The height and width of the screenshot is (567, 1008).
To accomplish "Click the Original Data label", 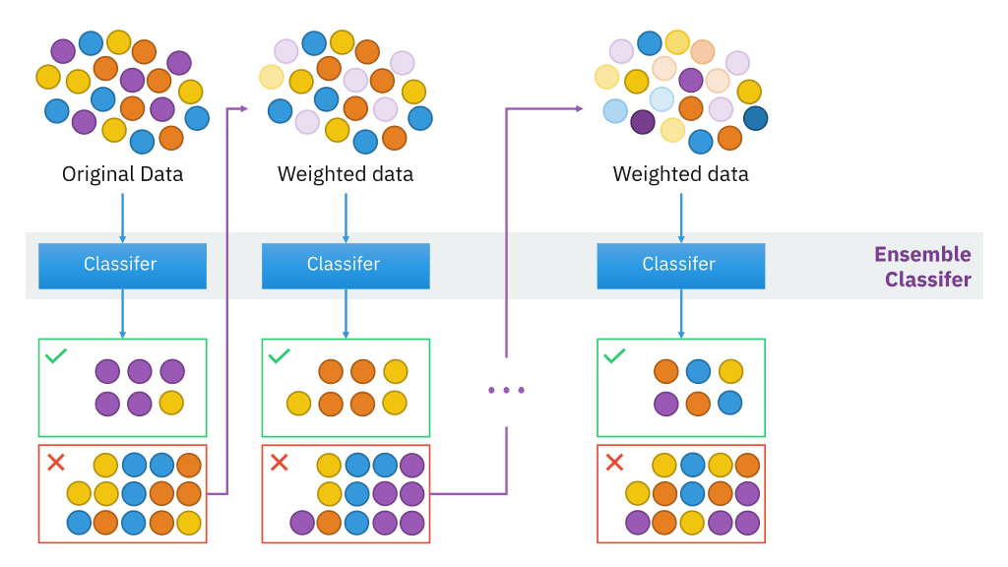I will [122, 175].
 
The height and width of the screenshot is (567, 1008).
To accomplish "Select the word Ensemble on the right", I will [922, 255].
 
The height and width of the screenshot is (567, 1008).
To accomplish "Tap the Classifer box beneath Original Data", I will [122, 265].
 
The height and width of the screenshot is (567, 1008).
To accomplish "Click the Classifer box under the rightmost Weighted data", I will [680, 265].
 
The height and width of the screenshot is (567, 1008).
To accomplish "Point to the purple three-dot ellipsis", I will [506, 391].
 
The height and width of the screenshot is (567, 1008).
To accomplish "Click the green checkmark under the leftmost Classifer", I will [56, 355].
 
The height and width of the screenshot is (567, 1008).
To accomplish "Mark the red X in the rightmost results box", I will [615, 462].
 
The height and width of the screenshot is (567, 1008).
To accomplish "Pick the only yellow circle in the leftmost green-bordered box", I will [171, 403].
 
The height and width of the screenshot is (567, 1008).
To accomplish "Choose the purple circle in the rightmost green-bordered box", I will [666, 404].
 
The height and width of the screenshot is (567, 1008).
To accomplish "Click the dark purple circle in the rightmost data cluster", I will [643, 122].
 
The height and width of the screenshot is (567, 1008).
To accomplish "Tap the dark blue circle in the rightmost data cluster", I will [756, 119].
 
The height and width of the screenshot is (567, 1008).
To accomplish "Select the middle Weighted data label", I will [346, 175].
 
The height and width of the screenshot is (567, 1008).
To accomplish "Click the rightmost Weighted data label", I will [680, 175].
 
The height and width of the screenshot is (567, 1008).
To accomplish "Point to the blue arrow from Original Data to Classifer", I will [122, 218].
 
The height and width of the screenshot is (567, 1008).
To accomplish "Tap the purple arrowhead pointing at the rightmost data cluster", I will [579, 108].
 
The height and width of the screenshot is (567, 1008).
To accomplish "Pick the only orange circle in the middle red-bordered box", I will [329, 523].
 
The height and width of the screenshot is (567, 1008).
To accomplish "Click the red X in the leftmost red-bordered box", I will [56, 462].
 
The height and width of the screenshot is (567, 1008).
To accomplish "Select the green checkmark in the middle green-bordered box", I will [280, 355].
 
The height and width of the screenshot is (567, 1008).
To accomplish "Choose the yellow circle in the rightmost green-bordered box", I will [729, 371].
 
